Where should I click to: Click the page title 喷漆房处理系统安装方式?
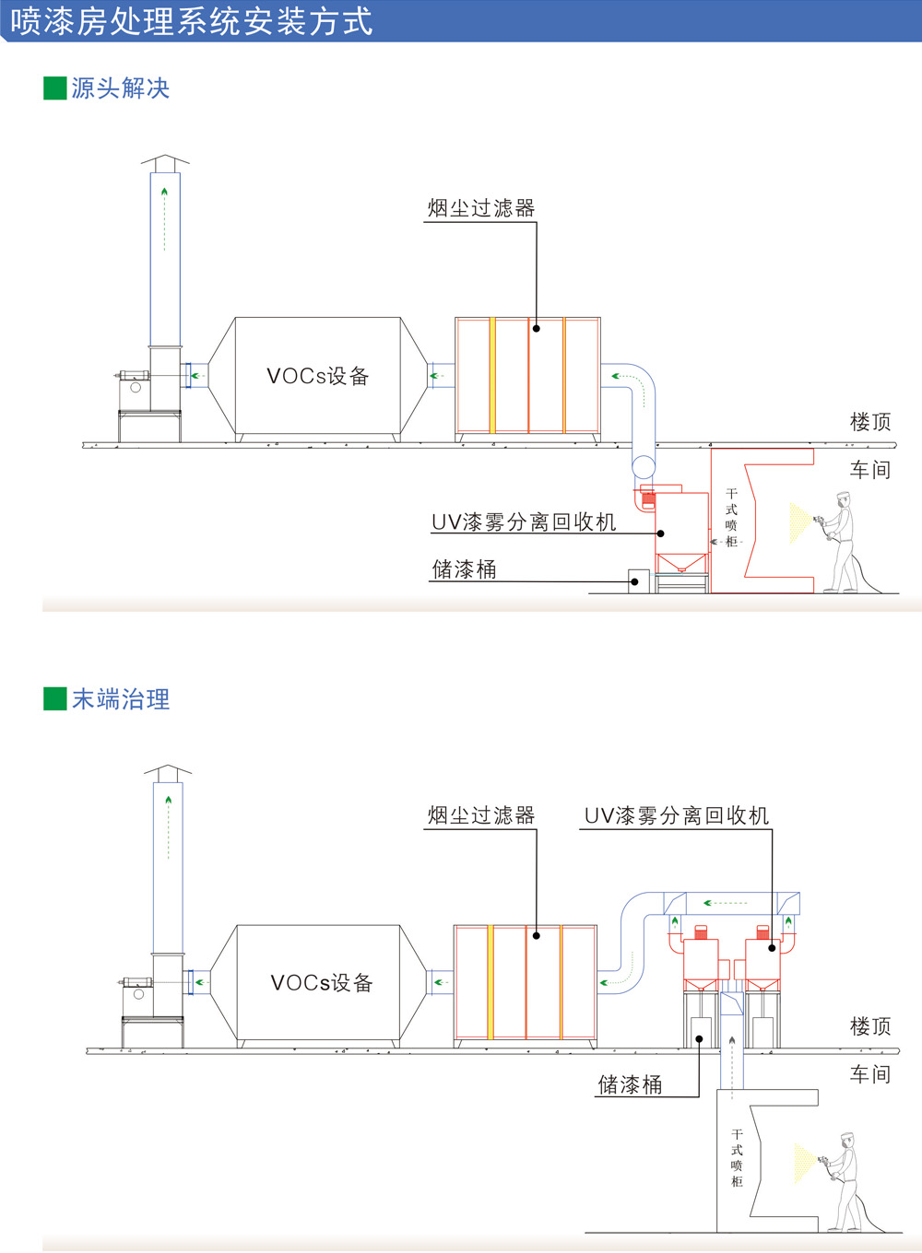(192, 21)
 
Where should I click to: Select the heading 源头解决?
(121, 88)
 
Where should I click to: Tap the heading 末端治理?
(121, 699)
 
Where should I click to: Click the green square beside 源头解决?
(55, 88)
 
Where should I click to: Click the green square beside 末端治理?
(55, 699)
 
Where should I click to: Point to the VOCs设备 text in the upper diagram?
(318, 376)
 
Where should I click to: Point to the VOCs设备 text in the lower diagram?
(322, 982)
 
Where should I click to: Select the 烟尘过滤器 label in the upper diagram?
(481, 208)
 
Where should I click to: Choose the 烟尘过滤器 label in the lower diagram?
(481, 815)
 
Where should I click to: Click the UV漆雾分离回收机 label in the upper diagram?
(524, 521)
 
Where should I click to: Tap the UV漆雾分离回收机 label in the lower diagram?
(677, 815)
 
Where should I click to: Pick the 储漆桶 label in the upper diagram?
(464, 569)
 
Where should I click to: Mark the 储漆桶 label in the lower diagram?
(631, 1084)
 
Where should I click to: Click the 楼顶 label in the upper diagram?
(870, 422)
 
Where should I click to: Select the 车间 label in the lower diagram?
(870, 1074)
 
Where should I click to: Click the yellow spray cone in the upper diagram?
(800, 522)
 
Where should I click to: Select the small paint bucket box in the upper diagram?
(639, 581)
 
